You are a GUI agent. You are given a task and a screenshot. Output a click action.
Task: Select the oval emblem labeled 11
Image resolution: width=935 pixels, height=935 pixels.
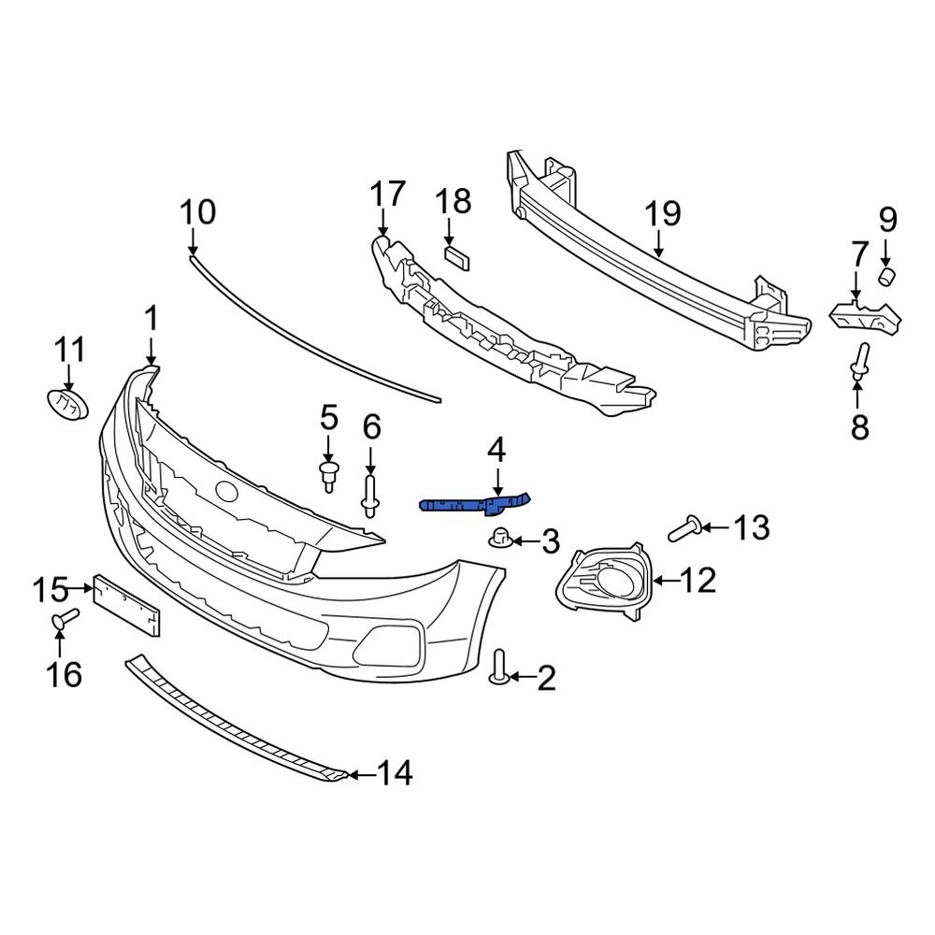click(67, 405)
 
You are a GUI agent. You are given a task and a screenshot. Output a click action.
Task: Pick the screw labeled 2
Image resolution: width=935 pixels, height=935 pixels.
click(497, 666)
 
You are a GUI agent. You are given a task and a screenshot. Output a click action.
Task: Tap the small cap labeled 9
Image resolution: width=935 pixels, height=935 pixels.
click(886, 275)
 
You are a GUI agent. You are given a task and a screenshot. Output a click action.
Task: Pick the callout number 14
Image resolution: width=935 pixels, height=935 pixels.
click(394, 773)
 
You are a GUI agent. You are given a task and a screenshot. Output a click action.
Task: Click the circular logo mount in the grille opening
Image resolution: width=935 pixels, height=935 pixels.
click(225, 489)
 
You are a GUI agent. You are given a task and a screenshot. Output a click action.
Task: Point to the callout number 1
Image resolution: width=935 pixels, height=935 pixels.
click(151, 320)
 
